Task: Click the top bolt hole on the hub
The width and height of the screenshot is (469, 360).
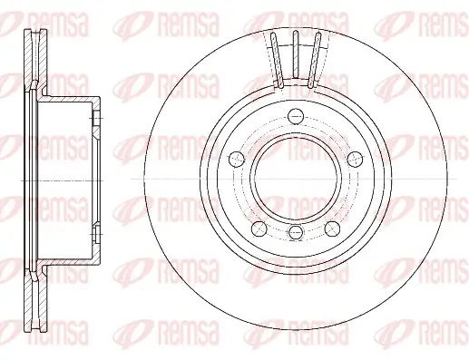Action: point(295,115)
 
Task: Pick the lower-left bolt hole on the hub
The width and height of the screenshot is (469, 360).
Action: point(258,225)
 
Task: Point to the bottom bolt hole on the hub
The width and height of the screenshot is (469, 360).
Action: point(295,234)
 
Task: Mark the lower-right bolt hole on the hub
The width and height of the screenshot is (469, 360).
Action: point(332,225)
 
